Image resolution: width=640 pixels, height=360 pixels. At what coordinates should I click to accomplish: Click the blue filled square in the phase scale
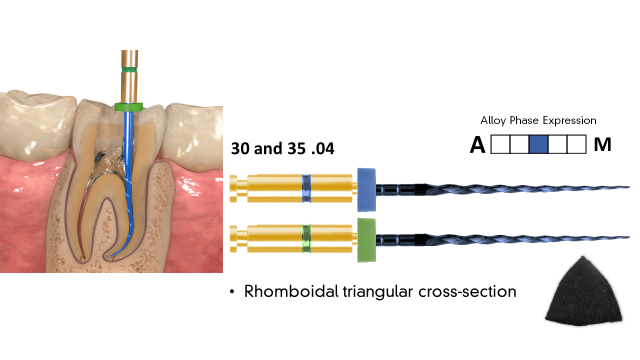point(538,144)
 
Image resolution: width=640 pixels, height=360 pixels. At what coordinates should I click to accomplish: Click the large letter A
point(477,145)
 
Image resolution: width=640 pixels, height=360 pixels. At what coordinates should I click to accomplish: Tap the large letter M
point(602,145)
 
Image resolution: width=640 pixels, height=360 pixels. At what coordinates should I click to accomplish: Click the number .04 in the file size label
point(323,148)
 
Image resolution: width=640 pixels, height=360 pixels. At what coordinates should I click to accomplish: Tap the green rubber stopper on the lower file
point(366,240)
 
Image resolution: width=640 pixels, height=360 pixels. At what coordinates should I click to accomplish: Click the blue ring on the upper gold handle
point(306,188)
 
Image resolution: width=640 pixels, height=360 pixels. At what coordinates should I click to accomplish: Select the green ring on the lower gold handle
point(306,239)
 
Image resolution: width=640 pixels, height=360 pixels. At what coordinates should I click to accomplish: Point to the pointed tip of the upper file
point(628,187)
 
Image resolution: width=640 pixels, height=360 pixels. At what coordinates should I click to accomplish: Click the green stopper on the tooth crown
point(128,106)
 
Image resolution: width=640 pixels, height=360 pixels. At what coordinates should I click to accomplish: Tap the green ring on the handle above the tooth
point(129,68)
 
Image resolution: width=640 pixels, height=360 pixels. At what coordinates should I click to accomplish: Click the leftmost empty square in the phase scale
point(500,144)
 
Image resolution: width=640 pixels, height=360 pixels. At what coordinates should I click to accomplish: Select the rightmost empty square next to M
point(576,144)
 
